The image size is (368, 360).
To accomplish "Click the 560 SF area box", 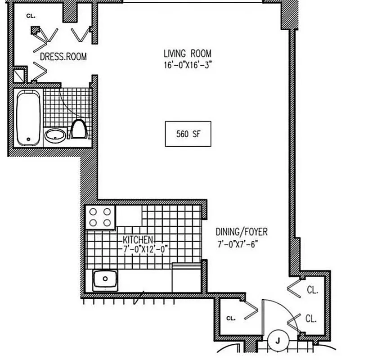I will pyautogui.click(x=188, y=134).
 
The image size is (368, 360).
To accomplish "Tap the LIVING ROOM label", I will pyautogui.click(x=187, y=54).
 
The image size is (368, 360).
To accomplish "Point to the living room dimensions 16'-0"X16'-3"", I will pyautogui.click(x=187, y=65).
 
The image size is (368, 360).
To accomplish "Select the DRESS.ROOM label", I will pyautogui.click(x=63, y=57).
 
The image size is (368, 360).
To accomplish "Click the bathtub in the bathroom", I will pyautogui.click(x=28, y=117).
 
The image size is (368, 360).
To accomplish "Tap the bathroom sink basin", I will pyautogui.click(x=55, y=135).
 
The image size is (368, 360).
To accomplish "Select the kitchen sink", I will pyautogui.click(x=106, y=279).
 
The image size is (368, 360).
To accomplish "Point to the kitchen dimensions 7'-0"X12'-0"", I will pyautogui.click(x=144, y=248).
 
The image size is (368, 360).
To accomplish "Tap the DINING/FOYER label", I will pyautogui.click(x=241, y=232).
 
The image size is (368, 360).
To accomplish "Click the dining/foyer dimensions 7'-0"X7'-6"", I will pyautogui.click(x=238, y=244).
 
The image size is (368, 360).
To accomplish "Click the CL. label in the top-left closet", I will pyautogui.click(x=31, y=16).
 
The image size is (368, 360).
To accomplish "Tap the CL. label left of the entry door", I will pyautogui.click(x=230, y=318).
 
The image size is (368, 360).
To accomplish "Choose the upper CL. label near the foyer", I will pyautogui.click(x=312, y=290).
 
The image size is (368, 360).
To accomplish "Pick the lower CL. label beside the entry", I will pyautogui.click(x=311, y=319).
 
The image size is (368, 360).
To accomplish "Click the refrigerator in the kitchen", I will pyautogui.click(x=187, y=279).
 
